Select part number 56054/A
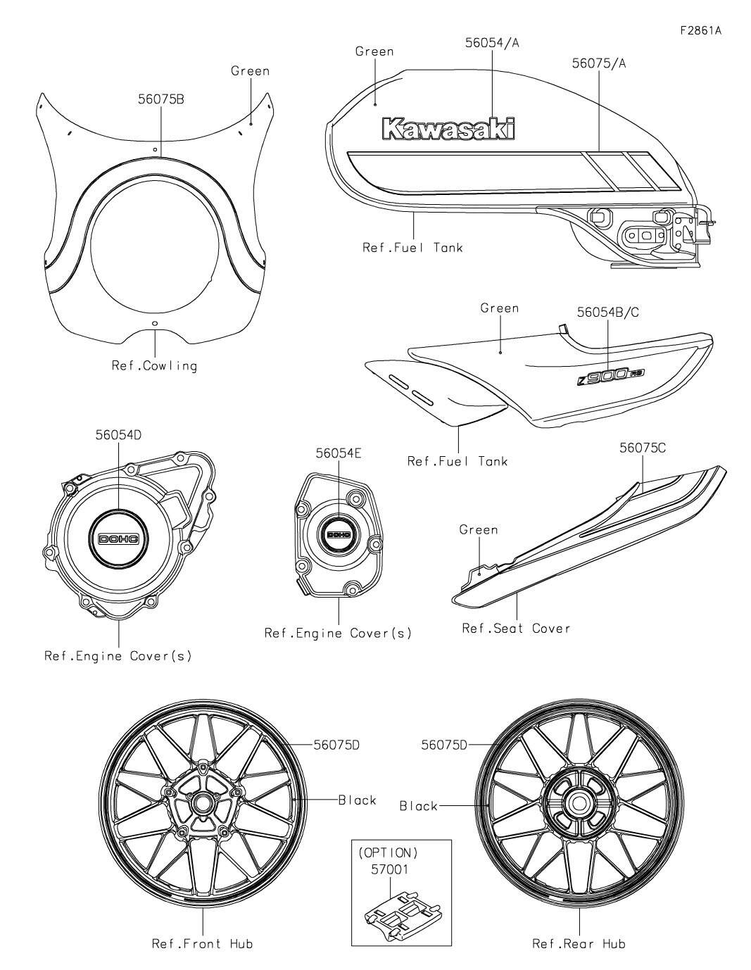point(492,43)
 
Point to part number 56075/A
point(599,63)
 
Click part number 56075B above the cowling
point(161,100)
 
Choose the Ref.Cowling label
point(155,365)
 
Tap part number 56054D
point(118,435)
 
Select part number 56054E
point(339,454)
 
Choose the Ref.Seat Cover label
point(516,628)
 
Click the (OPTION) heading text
point(389,852)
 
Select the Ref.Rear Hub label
point(579,943)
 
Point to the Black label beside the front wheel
point(357,800)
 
